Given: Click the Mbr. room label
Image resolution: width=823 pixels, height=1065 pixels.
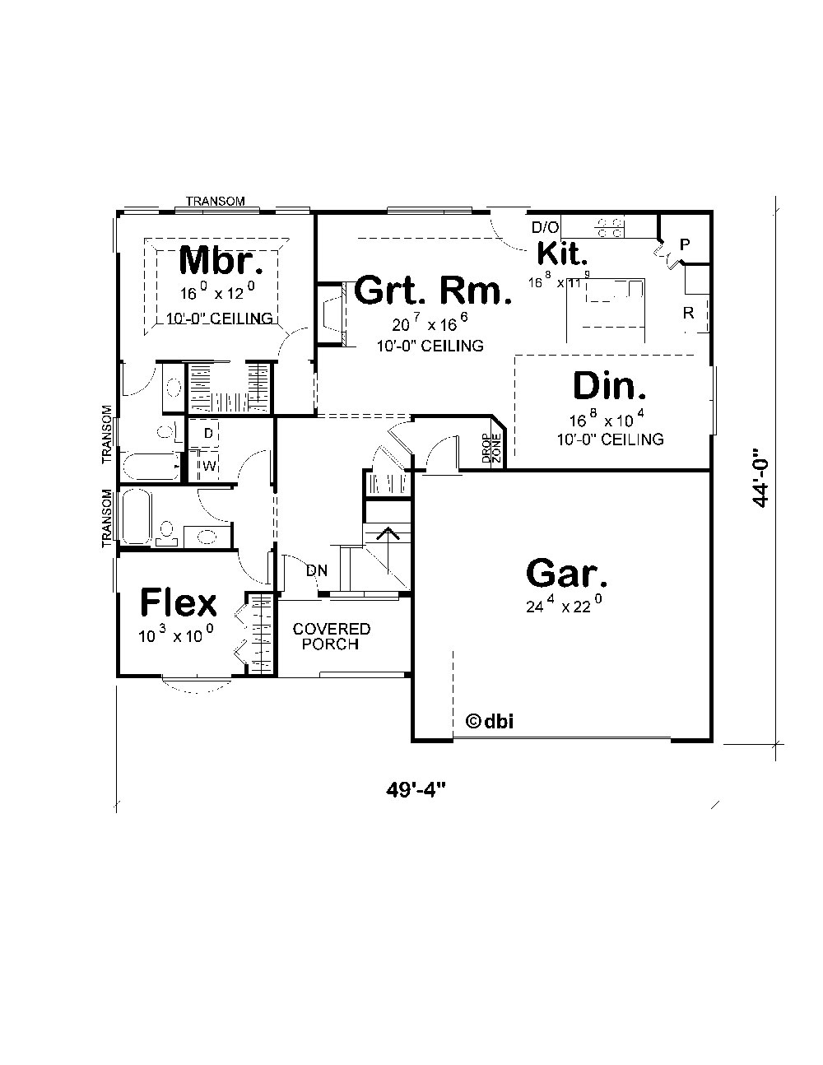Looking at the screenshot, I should [221, 261].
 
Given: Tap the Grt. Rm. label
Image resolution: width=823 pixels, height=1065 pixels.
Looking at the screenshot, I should [433, 291].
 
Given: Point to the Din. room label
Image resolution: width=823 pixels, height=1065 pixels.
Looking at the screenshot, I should [609, 387].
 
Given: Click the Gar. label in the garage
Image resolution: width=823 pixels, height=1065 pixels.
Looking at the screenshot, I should [567, 574].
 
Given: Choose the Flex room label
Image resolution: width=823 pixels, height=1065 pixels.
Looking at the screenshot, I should [178, 602].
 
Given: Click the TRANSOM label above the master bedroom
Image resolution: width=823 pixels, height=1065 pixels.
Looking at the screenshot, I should [215, 201].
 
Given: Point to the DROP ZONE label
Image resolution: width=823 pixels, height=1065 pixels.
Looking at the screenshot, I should [491, 449].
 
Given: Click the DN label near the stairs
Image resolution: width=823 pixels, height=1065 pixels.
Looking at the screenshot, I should [316, 570].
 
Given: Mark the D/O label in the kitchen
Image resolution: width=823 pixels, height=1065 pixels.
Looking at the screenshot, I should [544, 226].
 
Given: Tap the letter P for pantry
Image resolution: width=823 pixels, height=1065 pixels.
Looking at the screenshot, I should [684, 244].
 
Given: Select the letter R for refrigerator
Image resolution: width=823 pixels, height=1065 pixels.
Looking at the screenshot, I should [688, 313].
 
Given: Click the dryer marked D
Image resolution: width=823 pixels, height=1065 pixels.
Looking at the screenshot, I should [208, 433].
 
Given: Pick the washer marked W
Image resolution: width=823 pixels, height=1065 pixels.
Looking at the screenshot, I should [209, 466].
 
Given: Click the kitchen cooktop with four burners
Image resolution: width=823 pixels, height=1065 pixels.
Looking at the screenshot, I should [610, 228].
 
